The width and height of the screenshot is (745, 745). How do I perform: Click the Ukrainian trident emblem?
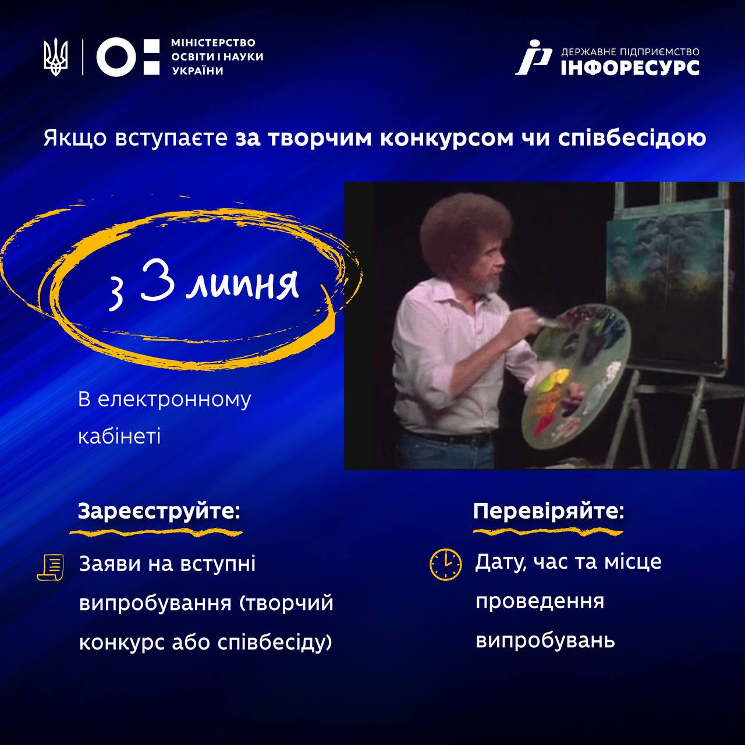(x=56, y=57)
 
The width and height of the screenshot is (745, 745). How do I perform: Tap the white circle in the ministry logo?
(x=116, y=57)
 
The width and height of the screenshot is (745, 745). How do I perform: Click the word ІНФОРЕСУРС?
(x=630, y=68)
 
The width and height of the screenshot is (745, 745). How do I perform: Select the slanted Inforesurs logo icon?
(x=534, y=57)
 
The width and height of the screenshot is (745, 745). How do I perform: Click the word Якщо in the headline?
(x=75, y=139)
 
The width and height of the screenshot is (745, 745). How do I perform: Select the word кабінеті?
(x=119, y=437)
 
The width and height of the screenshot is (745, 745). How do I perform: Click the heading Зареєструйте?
(x=159, y=510)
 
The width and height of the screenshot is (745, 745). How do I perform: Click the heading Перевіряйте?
(x=549, y=510)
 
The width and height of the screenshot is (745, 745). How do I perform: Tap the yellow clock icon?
(x=445, y=564)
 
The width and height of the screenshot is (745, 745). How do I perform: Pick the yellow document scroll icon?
(x=51, y=567)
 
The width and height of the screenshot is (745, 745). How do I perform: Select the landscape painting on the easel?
(x=666, y=286)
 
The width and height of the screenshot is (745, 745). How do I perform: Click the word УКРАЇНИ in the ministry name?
(x=198, y=71)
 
